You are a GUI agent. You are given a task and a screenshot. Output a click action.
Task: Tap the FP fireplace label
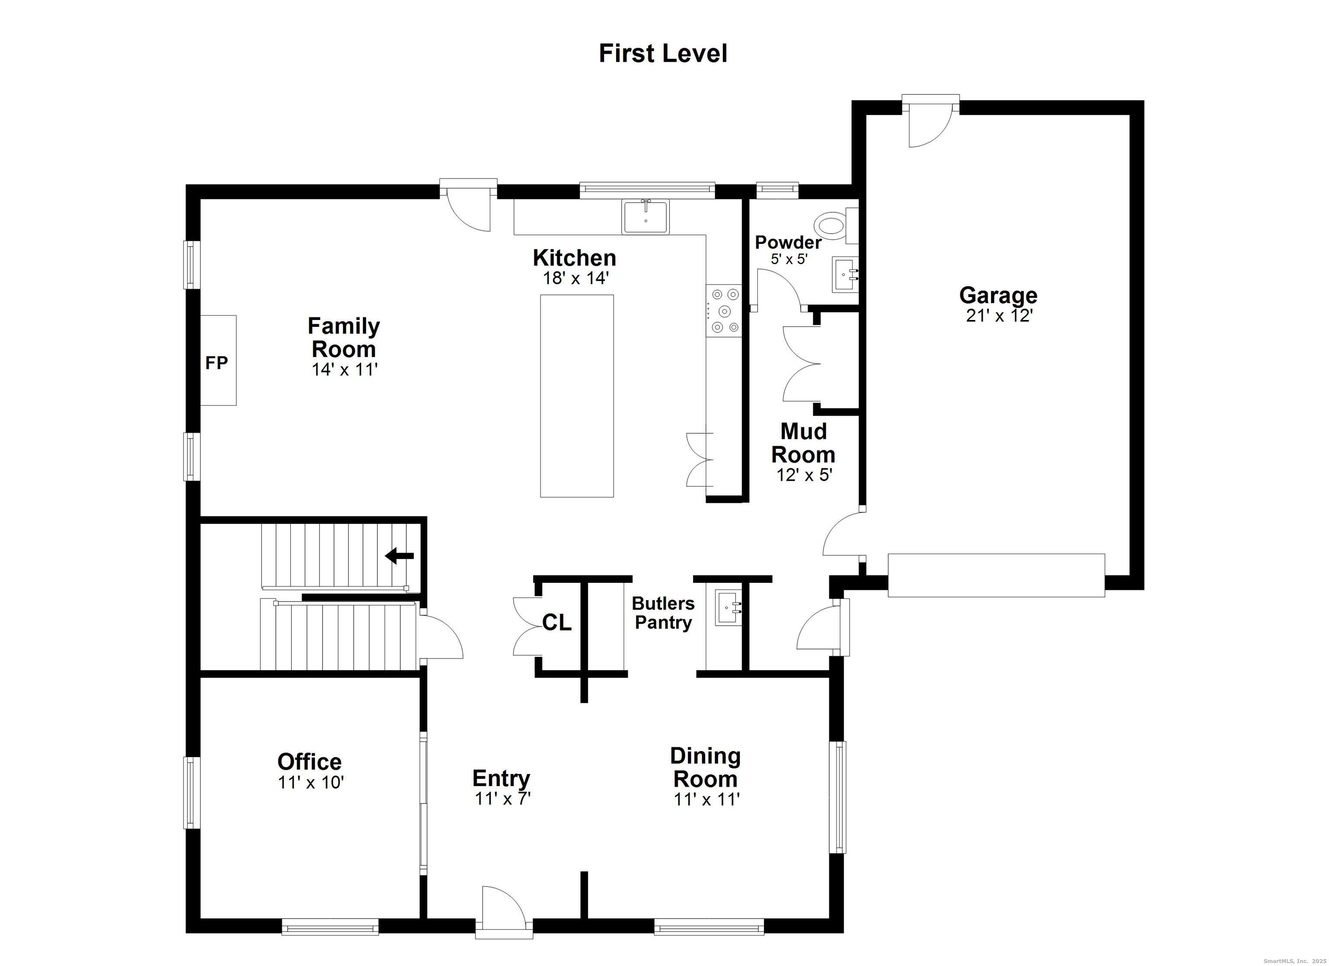(216, 363)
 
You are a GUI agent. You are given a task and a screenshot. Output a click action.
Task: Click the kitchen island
(577, 396)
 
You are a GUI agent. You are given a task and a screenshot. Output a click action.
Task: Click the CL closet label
(557, 623)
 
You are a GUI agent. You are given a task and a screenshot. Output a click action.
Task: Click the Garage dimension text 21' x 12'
(998, 316)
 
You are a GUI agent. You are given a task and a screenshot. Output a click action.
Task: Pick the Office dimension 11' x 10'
(311, 783)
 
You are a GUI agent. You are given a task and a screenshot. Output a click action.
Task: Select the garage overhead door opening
(996, 575)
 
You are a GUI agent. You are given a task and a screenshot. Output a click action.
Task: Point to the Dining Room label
(706, 768)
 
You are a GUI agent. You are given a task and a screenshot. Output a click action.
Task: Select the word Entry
(501, 778)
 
